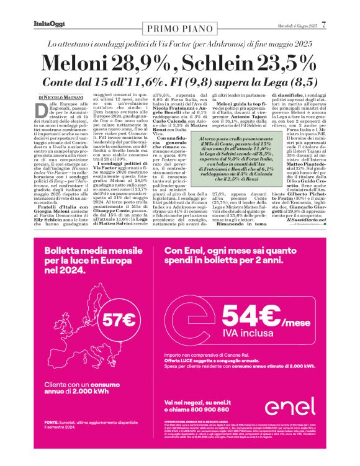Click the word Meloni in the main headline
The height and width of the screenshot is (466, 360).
pos(84,64)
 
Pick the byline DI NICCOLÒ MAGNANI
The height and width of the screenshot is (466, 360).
pos(61,97)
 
